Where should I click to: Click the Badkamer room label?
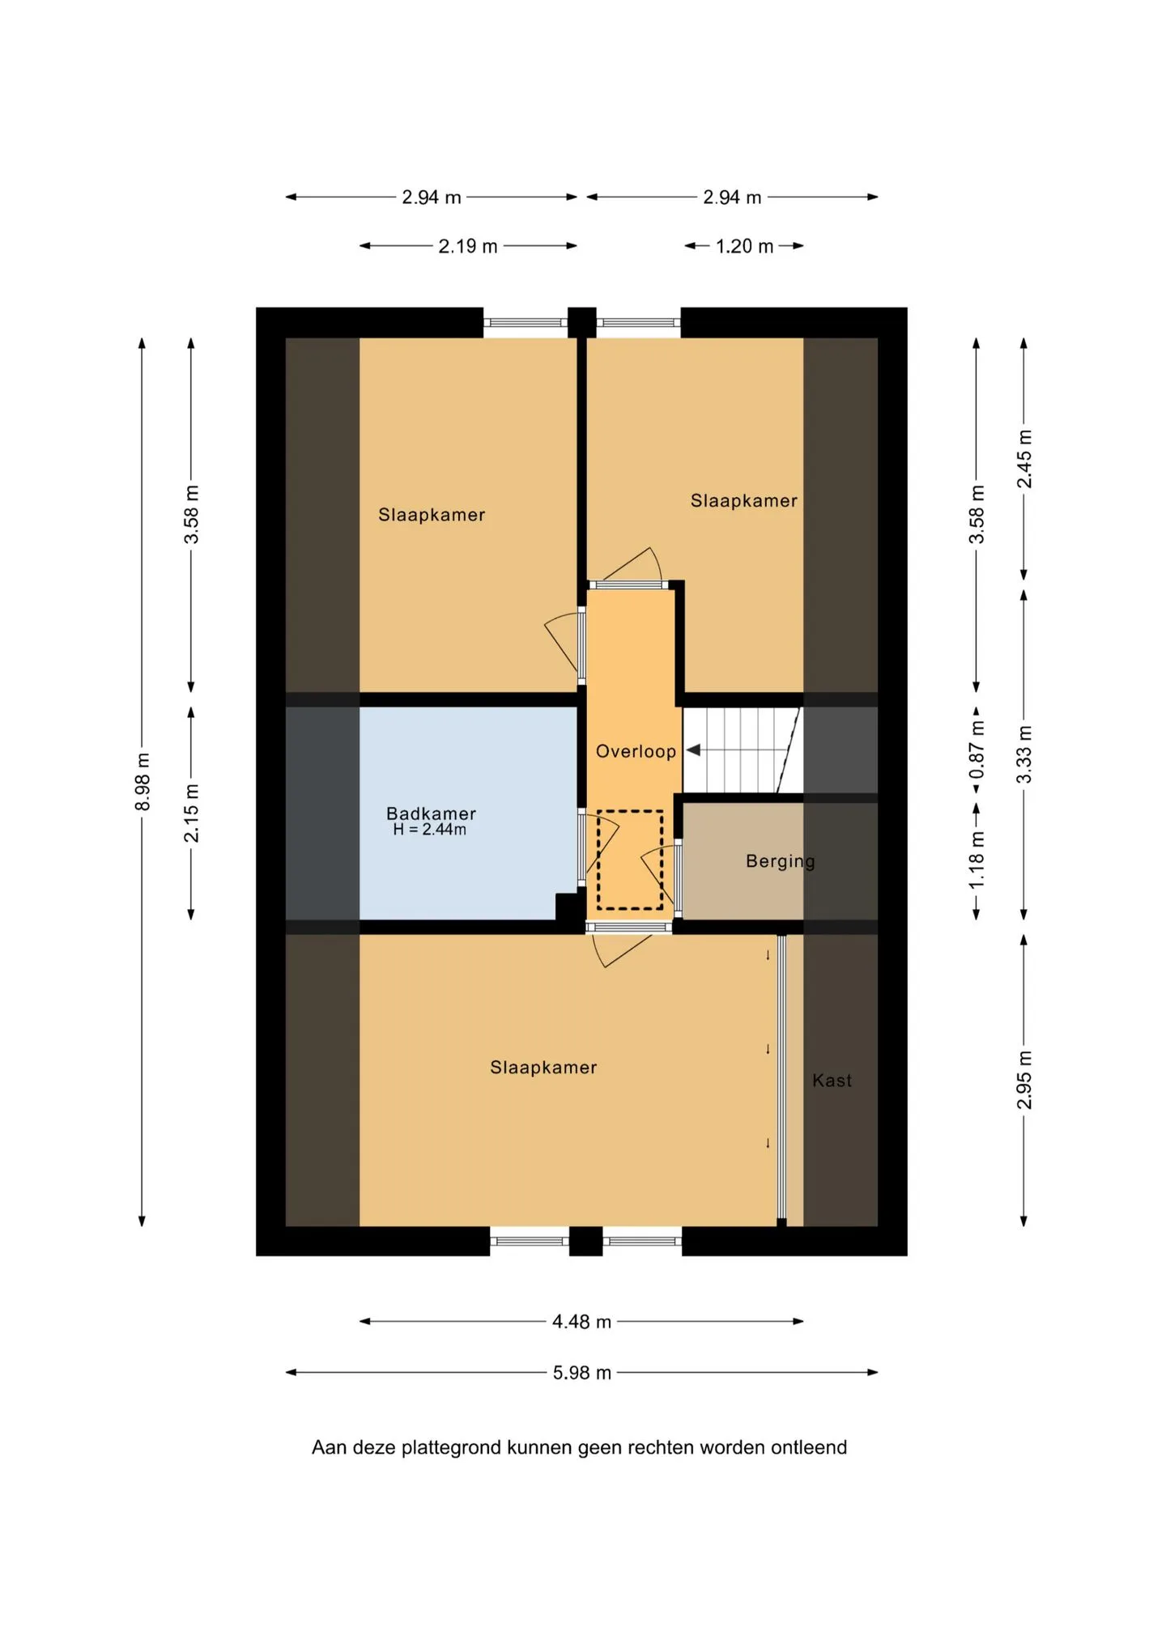[431, 813]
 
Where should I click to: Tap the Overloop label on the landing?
[636, 751]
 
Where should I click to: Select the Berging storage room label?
[781, 861]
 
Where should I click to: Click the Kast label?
[832, 1081]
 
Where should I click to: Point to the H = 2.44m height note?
[429, 830]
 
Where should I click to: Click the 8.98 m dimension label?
[143, 781]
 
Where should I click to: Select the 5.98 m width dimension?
[582, 1373]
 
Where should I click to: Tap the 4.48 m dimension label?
[581, 1322]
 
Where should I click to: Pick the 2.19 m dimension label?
[468, 246]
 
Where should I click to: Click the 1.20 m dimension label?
[744, 246]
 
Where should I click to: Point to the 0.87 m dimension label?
[977, 750]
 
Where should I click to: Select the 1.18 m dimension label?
[977, 860]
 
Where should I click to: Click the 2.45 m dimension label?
[1024, 459]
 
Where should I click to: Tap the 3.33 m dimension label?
[1024, 754]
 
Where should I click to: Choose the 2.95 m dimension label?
[1024, 1081]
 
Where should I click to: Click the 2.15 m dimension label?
[191, 813]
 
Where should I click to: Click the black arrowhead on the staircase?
[693, 750]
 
